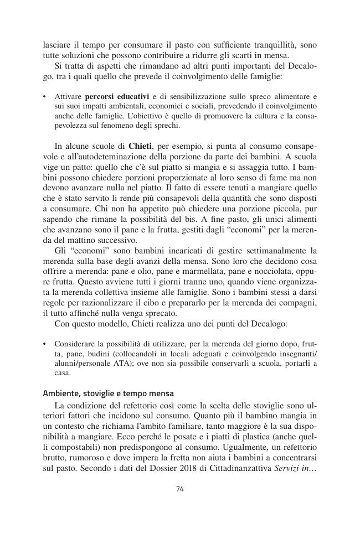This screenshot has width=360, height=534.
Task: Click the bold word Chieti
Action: coord(141,147)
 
